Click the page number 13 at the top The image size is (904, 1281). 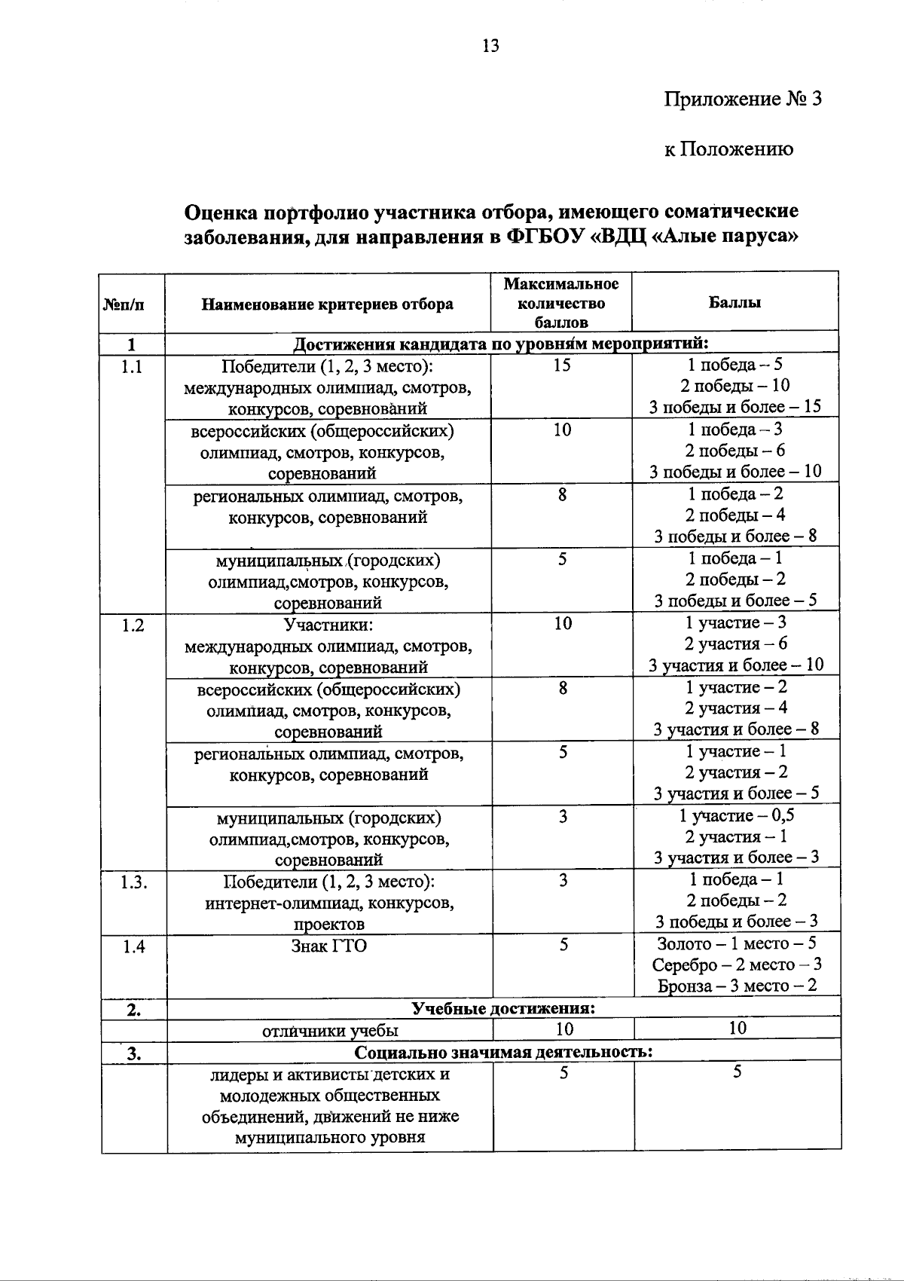(490, 47)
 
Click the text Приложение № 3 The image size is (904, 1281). (742, 99)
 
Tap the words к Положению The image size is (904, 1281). (728, 149)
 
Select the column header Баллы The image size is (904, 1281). (734, 302)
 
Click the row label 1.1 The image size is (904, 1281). (133, 367)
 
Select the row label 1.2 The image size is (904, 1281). (133, 625)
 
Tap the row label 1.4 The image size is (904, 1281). (133, 946)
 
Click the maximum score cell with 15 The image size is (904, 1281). (562, 365)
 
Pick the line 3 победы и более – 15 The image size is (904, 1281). (734, 408)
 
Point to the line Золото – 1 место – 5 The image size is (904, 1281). (736, 943)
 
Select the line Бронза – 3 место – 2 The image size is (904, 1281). (736, 986)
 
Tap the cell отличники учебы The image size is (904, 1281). (330, 1030)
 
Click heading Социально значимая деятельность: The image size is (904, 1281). (502, 1052)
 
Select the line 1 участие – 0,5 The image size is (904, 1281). (736, 815)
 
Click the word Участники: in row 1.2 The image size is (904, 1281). (328, 625)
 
